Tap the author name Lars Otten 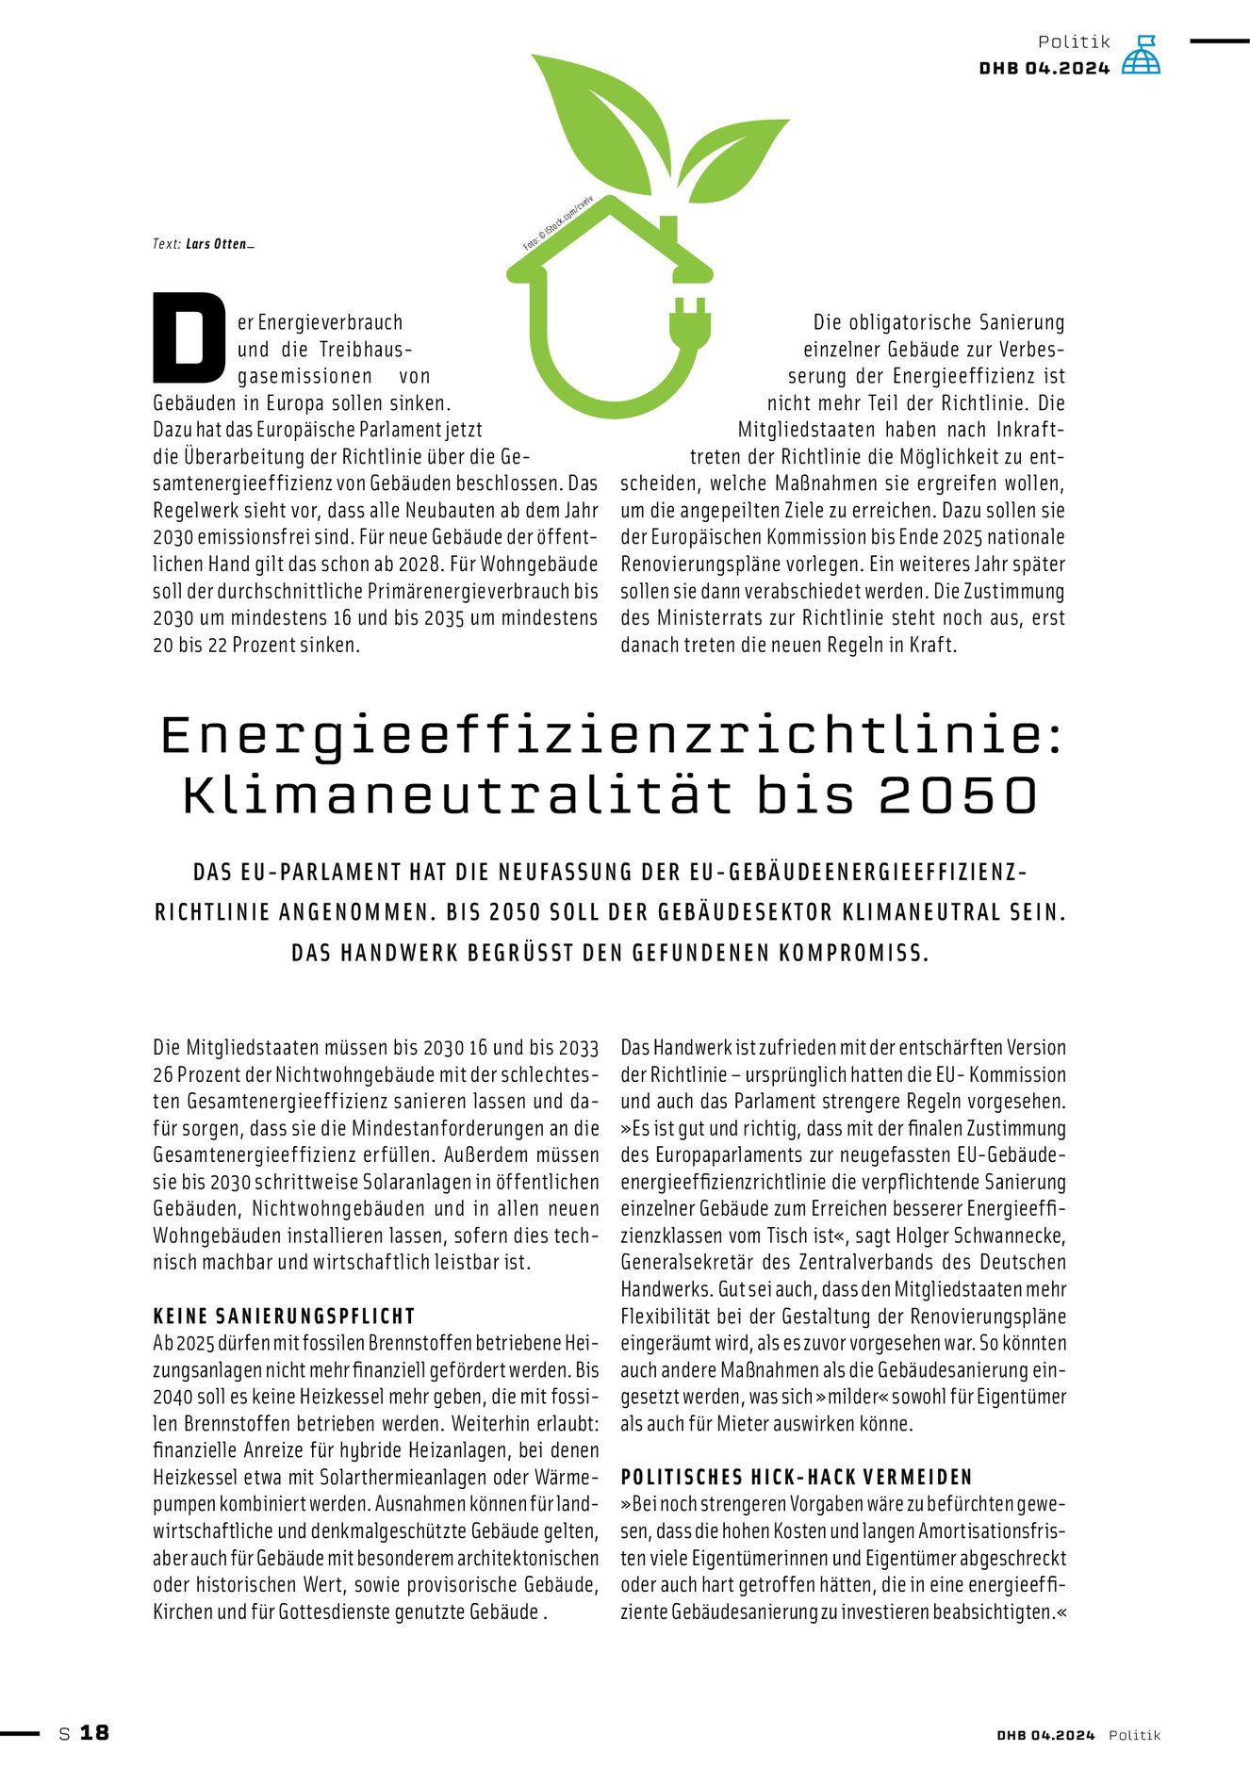218,244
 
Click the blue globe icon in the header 1141,56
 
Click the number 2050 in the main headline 958,795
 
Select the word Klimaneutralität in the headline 457,795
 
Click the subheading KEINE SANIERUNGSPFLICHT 284,1316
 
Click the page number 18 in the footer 94,1732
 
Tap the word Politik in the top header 1074,41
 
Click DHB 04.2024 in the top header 1044,68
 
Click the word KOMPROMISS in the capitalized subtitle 853,953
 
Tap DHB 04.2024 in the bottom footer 1045,1735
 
